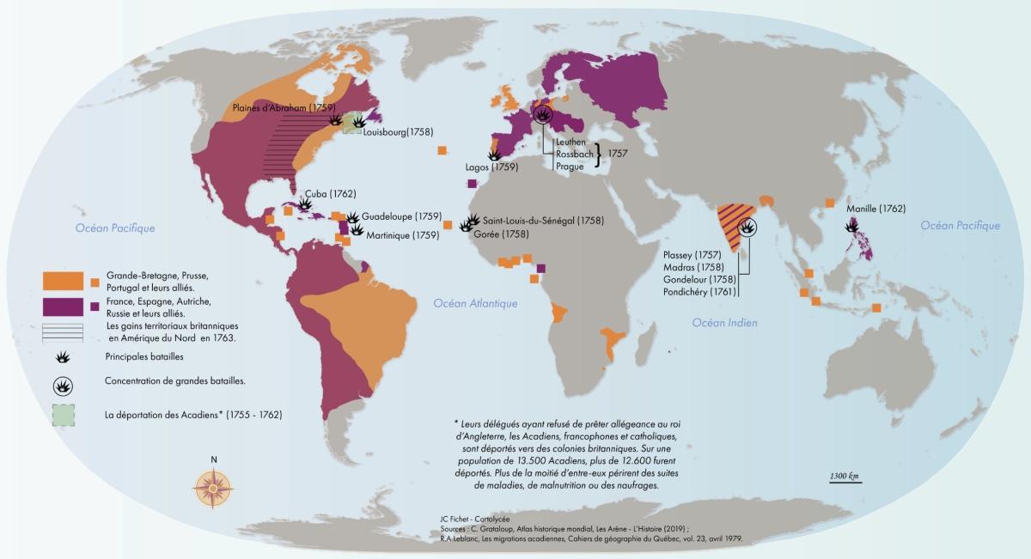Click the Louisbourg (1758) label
[x=398, y=133]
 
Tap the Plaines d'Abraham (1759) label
[x=271, y=107]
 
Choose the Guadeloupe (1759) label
[x=401, y=216]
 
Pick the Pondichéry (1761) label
[x=699, y=293]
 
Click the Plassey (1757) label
[x=692, y=255]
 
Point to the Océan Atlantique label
[x=475, y=303]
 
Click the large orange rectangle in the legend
[x=63, y=280]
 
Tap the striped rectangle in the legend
[x=63, y=331]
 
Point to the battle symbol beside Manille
[x=852, y=226]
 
